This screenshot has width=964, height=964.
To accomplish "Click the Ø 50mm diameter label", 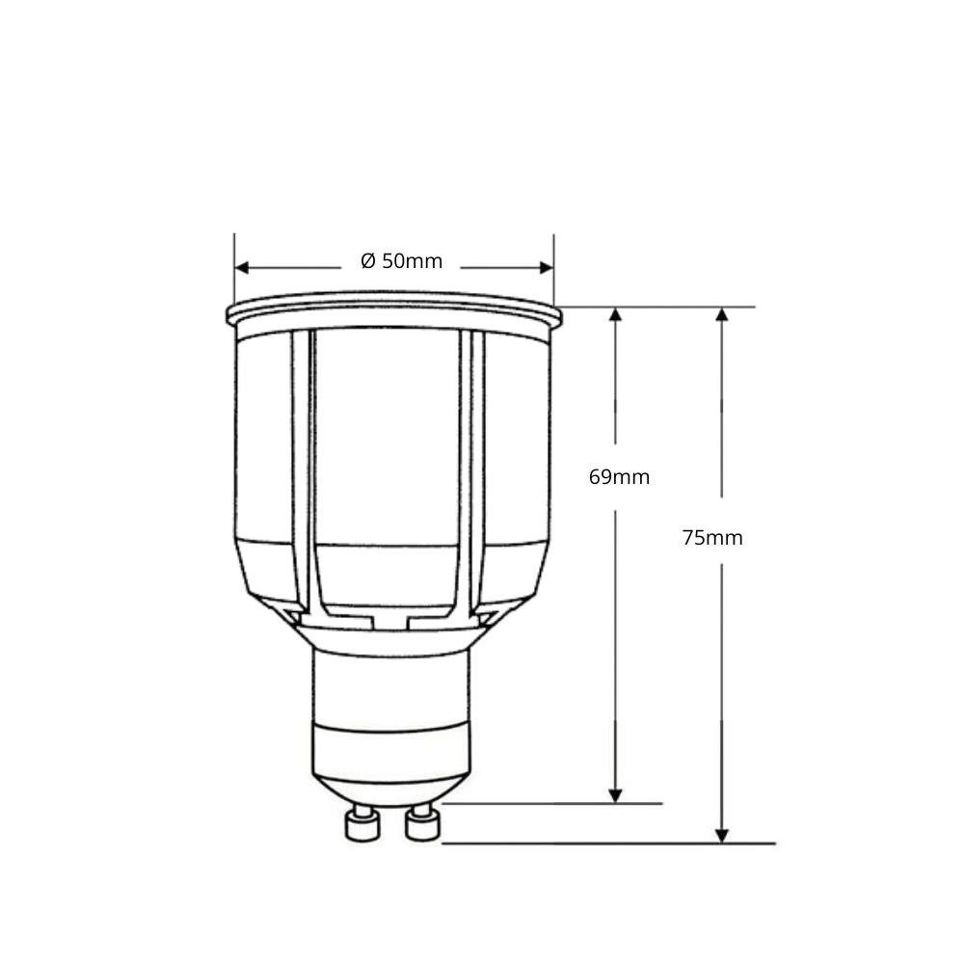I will point(402,261).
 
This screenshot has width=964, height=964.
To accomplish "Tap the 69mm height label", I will point(619,477).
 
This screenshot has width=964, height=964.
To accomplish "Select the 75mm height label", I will point(712,539).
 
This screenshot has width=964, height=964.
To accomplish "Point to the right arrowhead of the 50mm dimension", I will point(546,267).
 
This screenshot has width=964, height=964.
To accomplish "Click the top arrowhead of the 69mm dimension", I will point(616,315).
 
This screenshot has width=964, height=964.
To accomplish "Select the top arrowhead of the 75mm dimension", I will point(722,315).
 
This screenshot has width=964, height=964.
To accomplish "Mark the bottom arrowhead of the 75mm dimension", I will point(722,835).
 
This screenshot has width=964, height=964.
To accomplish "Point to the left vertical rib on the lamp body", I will point(302,472).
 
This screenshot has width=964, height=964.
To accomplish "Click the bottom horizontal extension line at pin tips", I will point(607,843).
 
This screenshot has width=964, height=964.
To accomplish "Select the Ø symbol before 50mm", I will point(368,261).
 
